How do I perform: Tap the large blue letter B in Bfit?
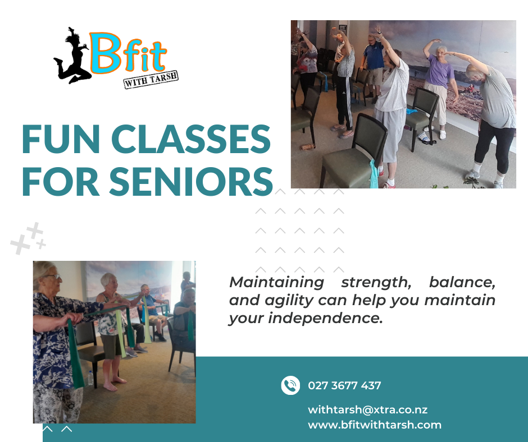coord(106,53)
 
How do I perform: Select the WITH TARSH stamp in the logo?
coord(151,80)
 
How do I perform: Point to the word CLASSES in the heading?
coord(191,139)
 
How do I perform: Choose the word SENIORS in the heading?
coord(191,182)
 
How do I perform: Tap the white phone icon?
coord(290,385)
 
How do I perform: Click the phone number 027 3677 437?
coord(344,385)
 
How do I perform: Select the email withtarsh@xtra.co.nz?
coord(368,409)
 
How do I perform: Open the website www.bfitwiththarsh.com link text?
coord(375,425)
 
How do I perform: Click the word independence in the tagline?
coord(325,318)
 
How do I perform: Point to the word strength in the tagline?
coord(376,283)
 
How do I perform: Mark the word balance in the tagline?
coord(462,282)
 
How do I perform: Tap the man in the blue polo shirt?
coord(373,67)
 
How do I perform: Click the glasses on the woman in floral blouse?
coord(53,277)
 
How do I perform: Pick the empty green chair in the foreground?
coord(353,151)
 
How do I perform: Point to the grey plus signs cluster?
coord(28,238)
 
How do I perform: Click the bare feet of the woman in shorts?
coord(115,384)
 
